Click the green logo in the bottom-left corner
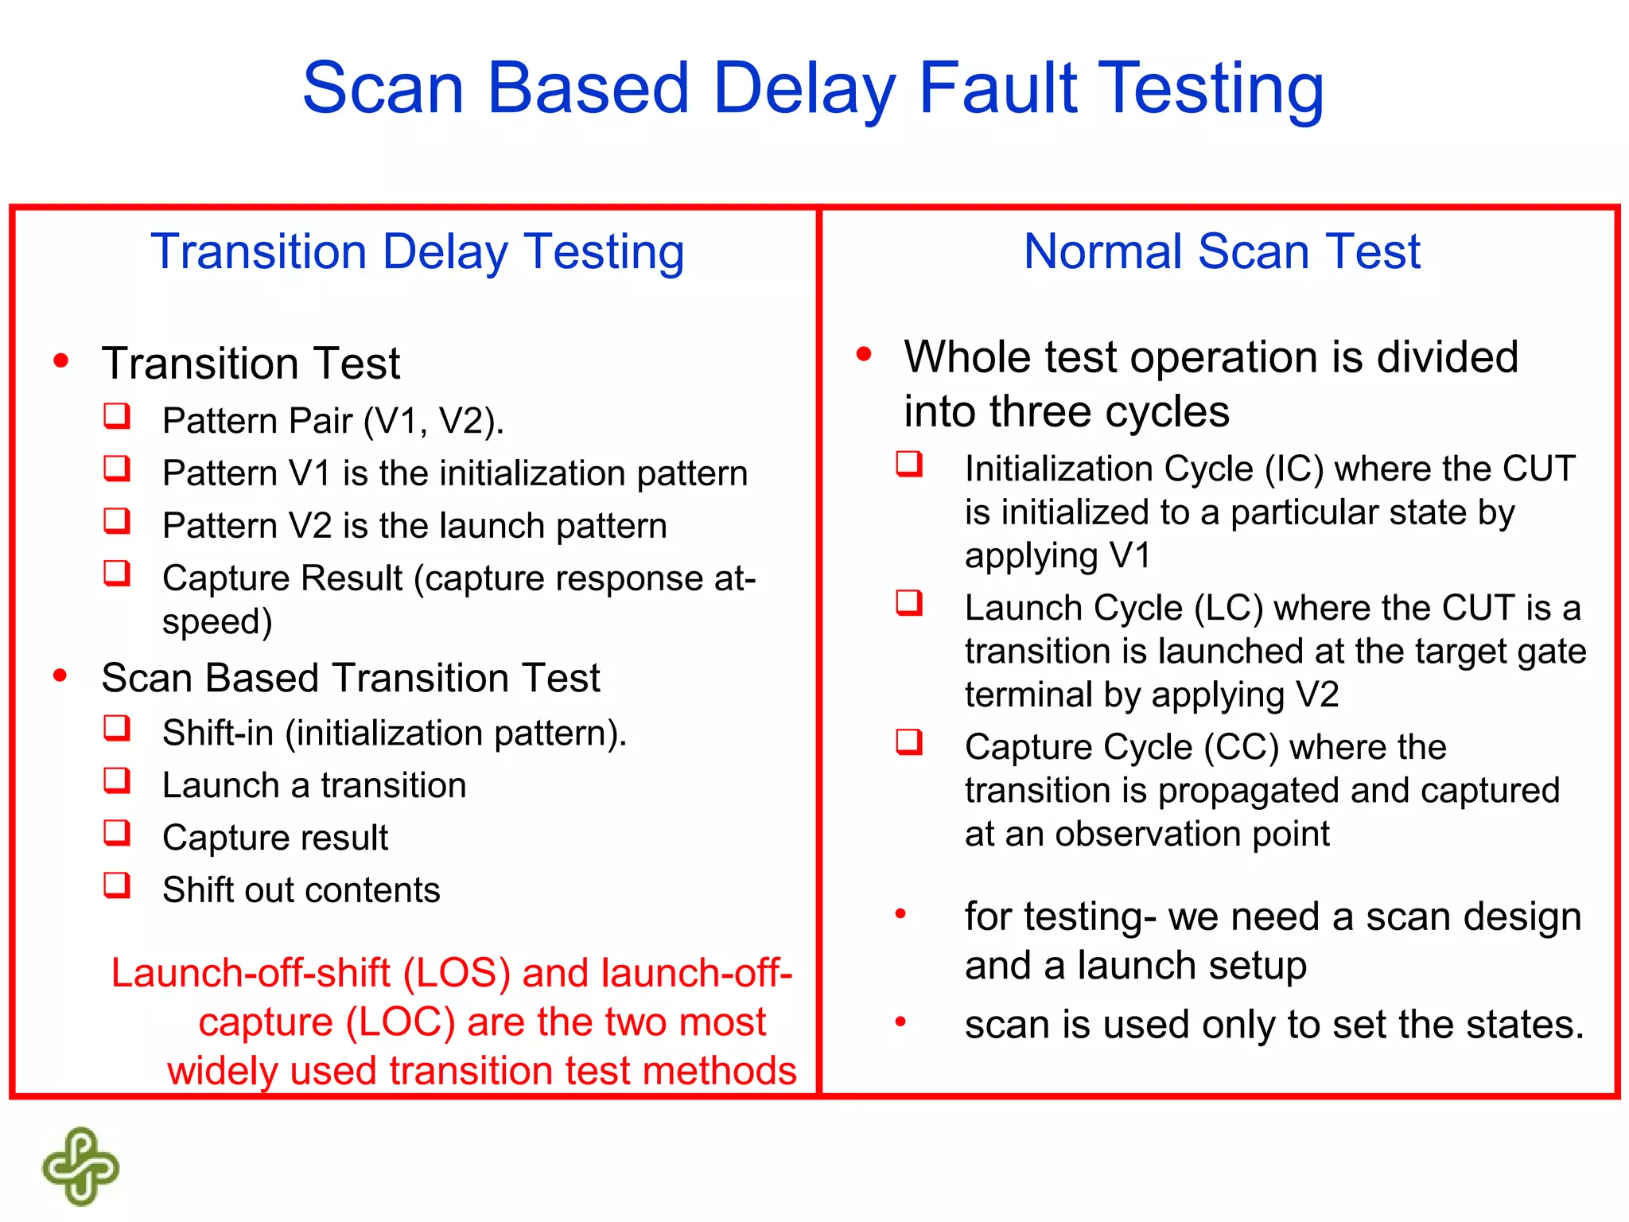pos(80,1166)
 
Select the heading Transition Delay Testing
pos(417,251)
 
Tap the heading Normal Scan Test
pos(1221,251)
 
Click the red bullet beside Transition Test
pos(61,361)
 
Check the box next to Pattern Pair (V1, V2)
pos(117,416)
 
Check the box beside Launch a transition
pos(117,780)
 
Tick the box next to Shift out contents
pos(117,885)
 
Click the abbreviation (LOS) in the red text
pos(457,973)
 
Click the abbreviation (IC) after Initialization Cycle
pos(1294,469)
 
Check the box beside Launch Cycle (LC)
pos(909,603)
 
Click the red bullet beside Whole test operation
pos(864,354)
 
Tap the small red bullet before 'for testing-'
pos(900,914)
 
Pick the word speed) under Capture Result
pos(217,621)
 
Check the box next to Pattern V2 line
pos(117,521)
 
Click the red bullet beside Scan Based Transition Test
pos(60,676)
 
